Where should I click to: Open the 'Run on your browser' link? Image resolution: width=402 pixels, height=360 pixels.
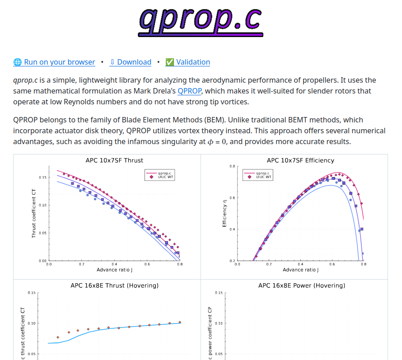tap(54, 62)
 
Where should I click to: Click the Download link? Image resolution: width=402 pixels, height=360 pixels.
tap(131, 62)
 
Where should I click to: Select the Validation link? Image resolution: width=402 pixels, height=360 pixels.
tap(187, 62)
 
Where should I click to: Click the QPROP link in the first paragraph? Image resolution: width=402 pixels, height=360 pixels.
tap(189, 91)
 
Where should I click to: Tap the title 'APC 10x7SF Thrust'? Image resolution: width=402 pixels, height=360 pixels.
tap(114, 160)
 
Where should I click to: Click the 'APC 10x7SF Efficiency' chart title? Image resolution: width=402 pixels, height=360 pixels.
tap(300, 160)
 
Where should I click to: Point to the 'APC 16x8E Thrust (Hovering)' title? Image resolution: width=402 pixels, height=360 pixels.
tap(114, 285)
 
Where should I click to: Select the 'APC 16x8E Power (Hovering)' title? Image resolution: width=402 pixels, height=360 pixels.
tap(301, 285)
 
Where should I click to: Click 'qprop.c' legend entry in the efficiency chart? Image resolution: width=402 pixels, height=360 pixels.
tap(262, 173)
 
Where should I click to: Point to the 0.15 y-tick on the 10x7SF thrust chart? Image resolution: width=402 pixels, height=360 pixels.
tap(42, 178)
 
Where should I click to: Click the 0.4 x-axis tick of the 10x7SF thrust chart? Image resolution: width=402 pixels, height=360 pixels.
tap(114, 264)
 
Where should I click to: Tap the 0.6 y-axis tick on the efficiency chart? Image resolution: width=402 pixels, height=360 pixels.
tap(231, 198)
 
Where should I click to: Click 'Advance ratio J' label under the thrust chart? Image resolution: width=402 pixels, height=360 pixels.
tap(114, 270)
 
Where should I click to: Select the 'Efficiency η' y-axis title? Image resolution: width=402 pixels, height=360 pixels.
tap(224, 213)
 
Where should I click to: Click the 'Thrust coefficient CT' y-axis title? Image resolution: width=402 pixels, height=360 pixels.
tap(34, 213)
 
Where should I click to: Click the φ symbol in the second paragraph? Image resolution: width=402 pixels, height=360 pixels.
tap(210, 142)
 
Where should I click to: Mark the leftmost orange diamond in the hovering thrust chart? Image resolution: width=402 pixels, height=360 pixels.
tap(58, 337)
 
